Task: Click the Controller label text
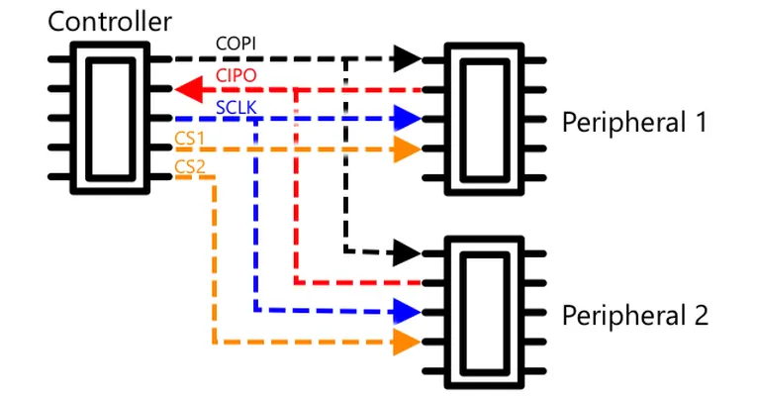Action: [x=110, y=22]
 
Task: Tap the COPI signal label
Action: [x=236, y=44]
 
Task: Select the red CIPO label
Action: [x=236, y=75]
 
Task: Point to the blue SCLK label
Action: [x=236, y=107]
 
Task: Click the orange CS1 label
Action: [x=190, y=139]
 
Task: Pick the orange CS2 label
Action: [x=190, y=166]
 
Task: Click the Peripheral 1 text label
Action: [x=634, y=123]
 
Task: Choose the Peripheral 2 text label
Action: [x=635, y=316]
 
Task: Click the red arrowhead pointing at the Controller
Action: [x=189, y=89]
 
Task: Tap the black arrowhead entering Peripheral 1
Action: [x=408, y=59]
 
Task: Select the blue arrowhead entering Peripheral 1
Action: [x=408, y=119]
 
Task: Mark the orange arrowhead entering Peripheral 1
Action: [x=408, y=148]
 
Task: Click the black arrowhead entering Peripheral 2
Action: [x=407, y=252]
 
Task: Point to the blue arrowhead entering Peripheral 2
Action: [x=408, y=313]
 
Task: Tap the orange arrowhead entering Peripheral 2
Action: [x=407, y=343]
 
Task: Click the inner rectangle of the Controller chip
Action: [x=88, y=119]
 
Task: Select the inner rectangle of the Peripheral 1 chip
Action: [x=463, y=121]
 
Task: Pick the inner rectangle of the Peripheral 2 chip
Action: [x=463, y=314]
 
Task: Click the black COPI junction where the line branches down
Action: [x=346, y=59]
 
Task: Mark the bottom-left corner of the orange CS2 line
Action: [x=215, y=343]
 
